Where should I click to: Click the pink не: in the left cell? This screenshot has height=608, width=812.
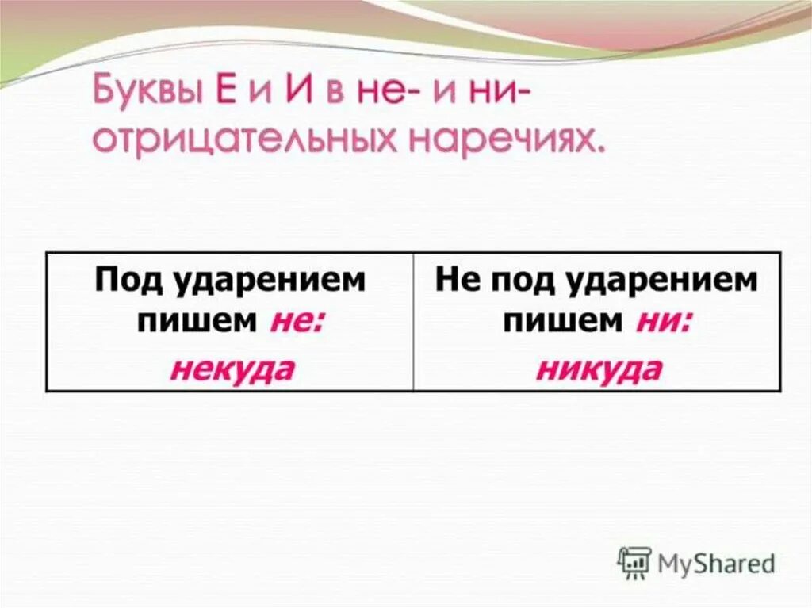click(297, 322)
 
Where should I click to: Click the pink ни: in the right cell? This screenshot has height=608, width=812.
click(663, 322)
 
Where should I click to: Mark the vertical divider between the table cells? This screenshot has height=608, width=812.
click(413, 321)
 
